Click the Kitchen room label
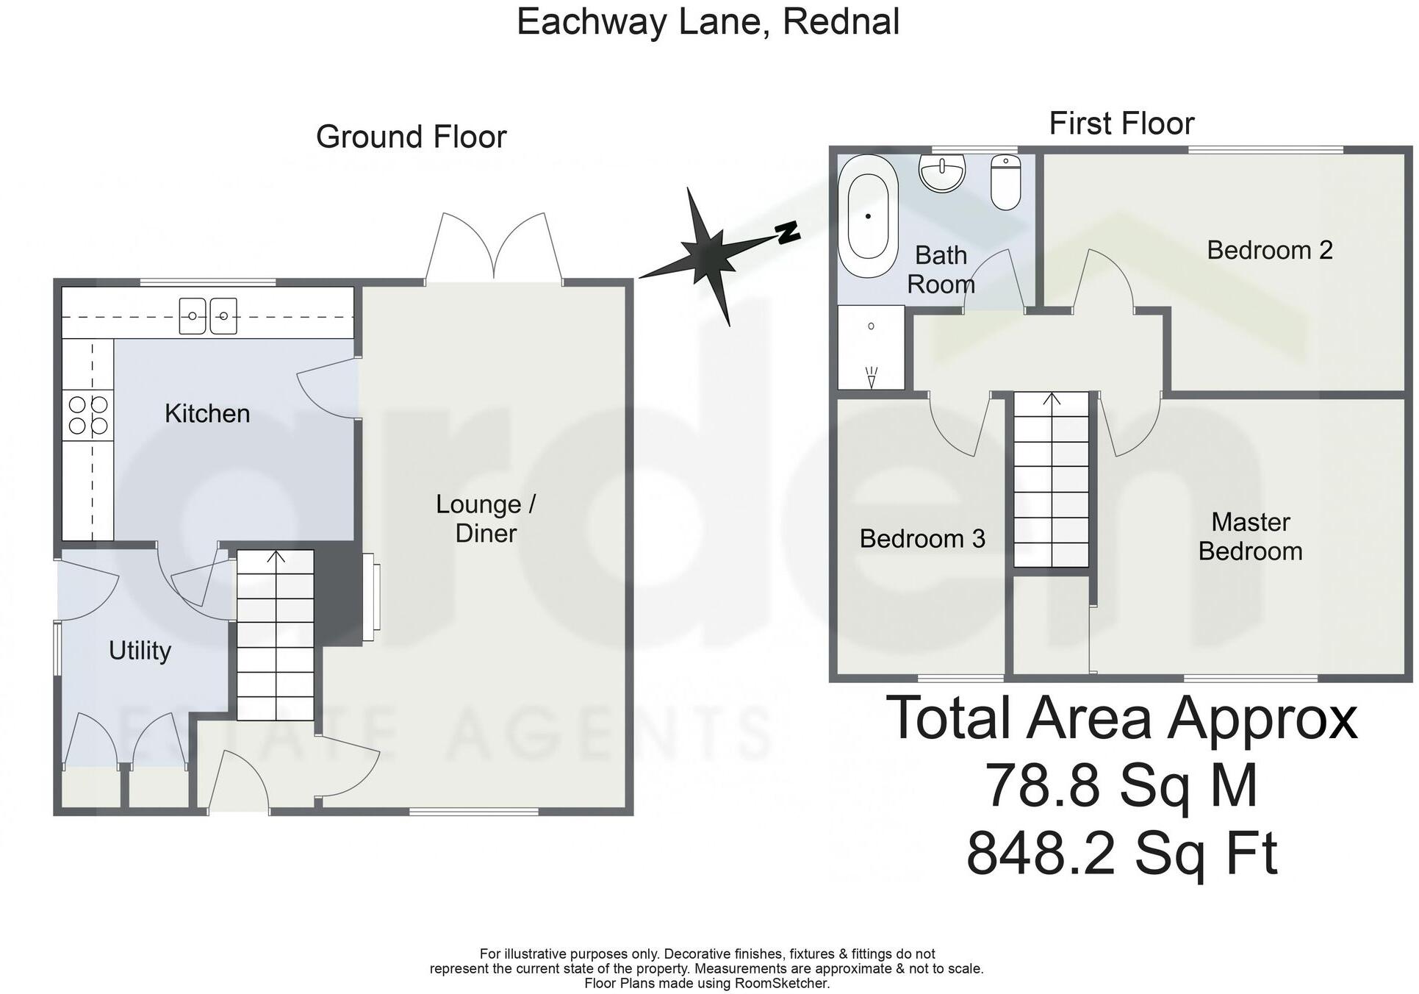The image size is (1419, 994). click(x=207, y=414)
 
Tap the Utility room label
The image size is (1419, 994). click(x=140, y=651)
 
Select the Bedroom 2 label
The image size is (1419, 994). click(x=1269, y=251)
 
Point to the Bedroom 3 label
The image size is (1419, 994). click(x=922, y=539)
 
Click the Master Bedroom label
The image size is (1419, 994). click(x=1250, y=537)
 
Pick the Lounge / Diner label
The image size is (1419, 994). click(x=486, y=518)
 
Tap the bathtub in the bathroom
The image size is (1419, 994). click(x=872, y=216)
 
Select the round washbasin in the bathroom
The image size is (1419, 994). click(x=941, y=174)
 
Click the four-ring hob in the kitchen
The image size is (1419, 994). click(x=88, y=415)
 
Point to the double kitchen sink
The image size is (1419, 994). click(x=208, y=316)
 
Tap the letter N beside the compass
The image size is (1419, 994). click(x=788, y=232)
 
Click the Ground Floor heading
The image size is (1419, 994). click(x=411, y=137)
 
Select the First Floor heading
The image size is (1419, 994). click(x=1121, y=124)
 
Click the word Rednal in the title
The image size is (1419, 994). click(x=841, y=22)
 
